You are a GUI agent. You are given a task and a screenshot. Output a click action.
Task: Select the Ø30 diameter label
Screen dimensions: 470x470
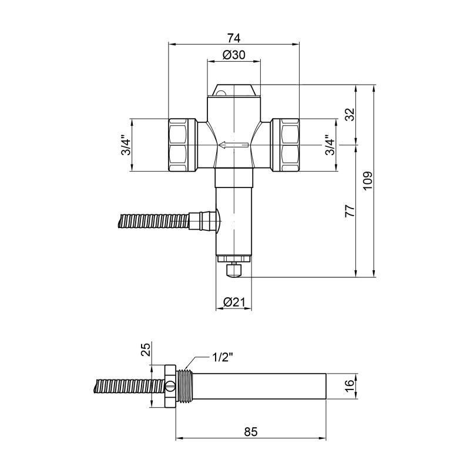234,55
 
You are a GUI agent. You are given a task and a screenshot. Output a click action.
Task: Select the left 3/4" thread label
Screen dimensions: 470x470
124,146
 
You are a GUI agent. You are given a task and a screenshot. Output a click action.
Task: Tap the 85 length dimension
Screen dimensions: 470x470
251,431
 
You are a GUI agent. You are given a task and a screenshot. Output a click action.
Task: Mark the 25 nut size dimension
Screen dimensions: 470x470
146,351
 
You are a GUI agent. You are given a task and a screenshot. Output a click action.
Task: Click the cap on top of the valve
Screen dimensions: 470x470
234,91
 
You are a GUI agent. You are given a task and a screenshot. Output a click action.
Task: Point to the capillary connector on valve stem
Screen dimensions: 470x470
204,222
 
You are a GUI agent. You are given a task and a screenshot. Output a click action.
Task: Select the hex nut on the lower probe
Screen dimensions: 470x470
169,387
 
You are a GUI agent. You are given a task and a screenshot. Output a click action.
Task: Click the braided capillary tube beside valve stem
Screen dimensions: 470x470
153,222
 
